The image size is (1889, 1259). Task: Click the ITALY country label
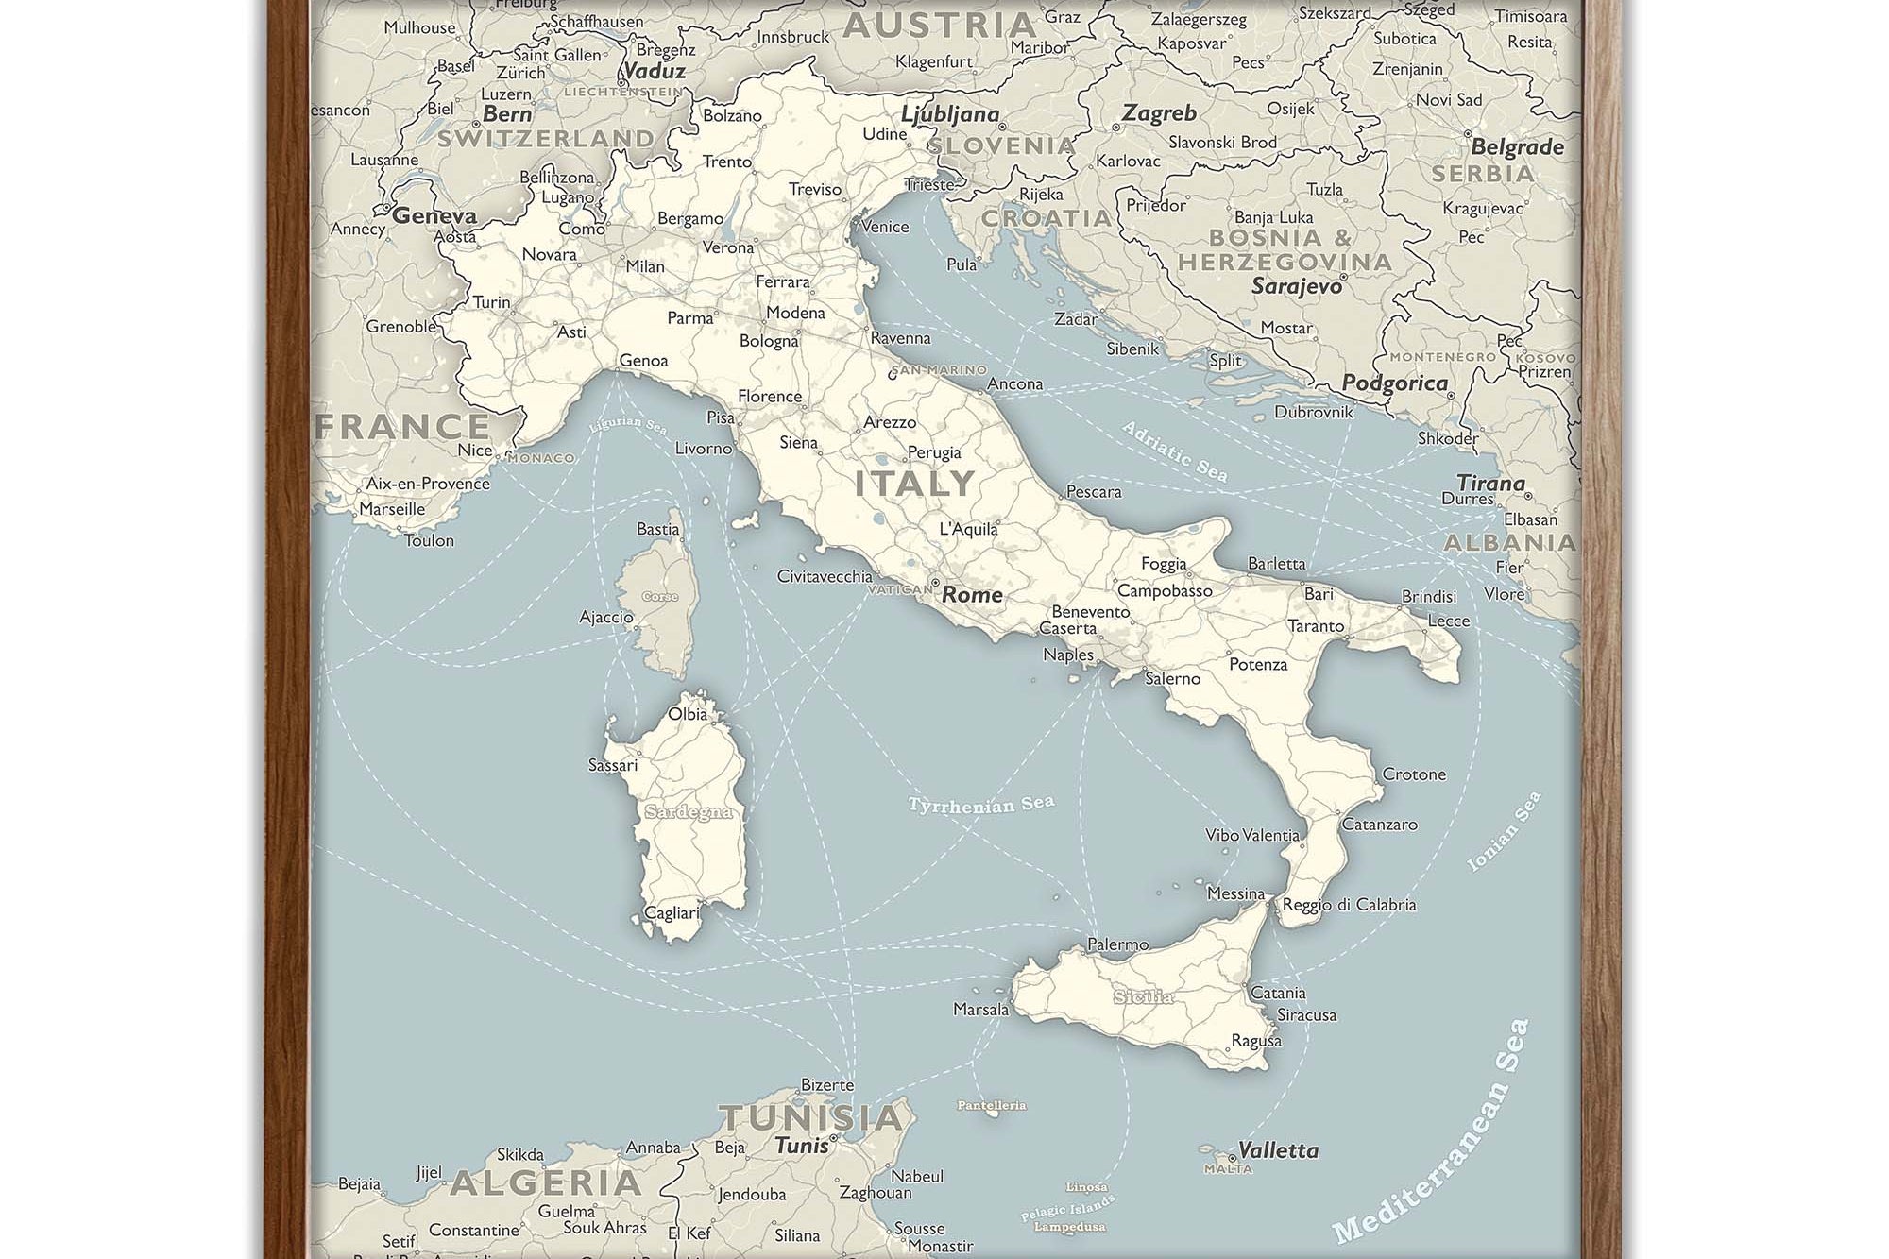tap(914, 484)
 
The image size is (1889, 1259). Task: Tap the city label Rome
tap(972, 594)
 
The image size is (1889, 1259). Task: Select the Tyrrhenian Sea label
tap(980, 805)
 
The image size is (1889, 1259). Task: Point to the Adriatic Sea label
tap(1174, 452)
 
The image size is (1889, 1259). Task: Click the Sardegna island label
tap(688, 812)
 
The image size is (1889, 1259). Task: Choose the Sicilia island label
tap(1143, 996)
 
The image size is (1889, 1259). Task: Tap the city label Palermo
tap(1117, 944)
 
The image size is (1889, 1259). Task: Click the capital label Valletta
tap(1277, 1150)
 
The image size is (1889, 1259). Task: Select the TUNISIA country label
tap(811, 1117)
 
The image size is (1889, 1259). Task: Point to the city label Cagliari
tap(672, 912)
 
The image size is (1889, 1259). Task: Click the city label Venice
tap(885, 227)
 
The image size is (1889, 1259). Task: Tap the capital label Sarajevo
tap(1296, 285)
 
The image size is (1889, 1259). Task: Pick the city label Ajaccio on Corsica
tap(605, 617)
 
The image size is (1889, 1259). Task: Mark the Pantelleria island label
tap(991, 1105)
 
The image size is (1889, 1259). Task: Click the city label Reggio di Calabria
tap(1348, 904)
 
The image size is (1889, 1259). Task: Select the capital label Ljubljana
tap(949, 114)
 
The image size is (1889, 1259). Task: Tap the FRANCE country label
tap(402, 427)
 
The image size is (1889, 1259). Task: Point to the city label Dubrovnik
tap(1313, 412)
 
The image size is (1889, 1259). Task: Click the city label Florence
tap(769, 396)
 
